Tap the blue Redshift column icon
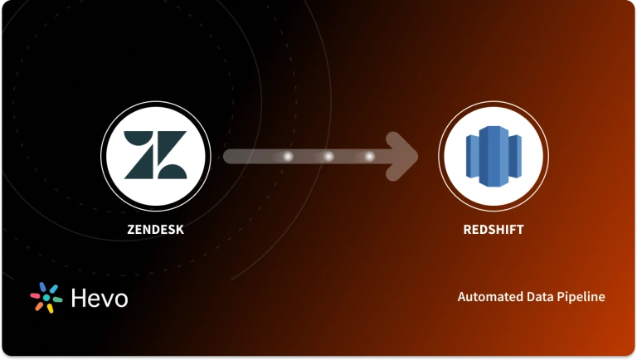pos(494,156)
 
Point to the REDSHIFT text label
pos(494,230)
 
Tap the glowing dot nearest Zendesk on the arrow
pos(289,156)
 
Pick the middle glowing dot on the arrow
pos(328,156)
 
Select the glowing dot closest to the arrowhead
pos(369,156)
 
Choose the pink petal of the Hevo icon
pos(36,294)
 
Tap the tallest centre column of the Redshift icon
pos(494,156)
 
